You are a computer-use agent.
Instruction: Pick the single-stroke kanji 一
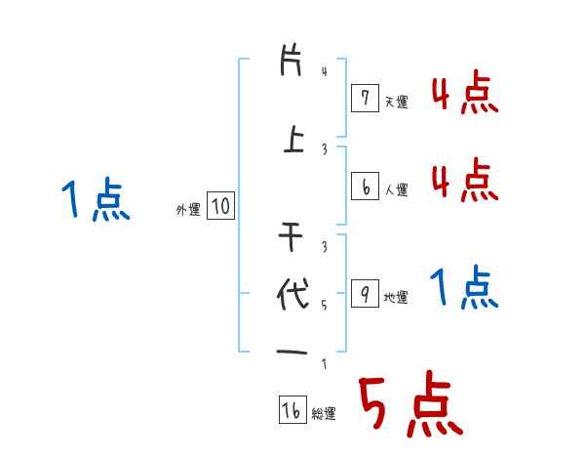[292, 351]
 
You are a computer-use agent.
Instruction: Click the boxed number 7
[364, 99]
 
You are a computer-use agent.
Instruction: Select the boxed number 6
[364, 187]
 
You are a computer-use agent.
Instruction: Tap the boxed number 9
[364, 294]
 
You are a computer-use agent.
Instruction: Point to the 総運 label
[324, 414]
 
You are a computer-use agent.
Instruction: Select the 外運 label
[187, 209]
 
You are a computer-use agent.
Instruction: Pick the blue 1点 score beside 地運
[464, 288]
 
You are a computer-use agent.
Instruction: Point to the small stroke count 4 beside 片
[325, 70]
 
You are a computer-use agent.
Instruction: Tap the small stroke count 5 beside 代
[325, 305]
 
